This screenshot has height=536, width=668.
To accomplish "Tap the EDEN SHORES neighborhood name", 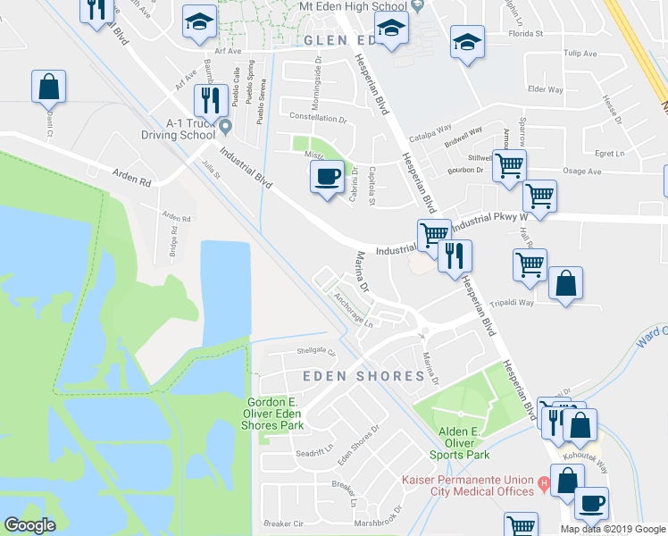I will [x=363, y=376].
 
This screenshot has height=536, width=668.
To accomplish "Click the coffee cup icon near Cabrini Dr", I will [x=328, y=177].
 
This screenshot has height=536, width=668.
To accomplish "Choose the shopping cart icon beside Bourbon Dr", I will [x=509, y=166].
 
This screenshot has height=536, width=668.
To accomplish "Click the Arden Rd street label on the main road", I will [x=131, y=178].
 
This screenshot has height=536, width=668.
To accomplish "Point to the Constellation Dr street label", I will [x=318, y=118].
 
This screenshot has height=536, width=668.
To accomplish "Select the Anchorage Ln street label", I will [x=353, y=311].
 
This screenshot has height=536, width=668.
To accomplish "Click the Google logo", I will [x=29, y=525].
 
